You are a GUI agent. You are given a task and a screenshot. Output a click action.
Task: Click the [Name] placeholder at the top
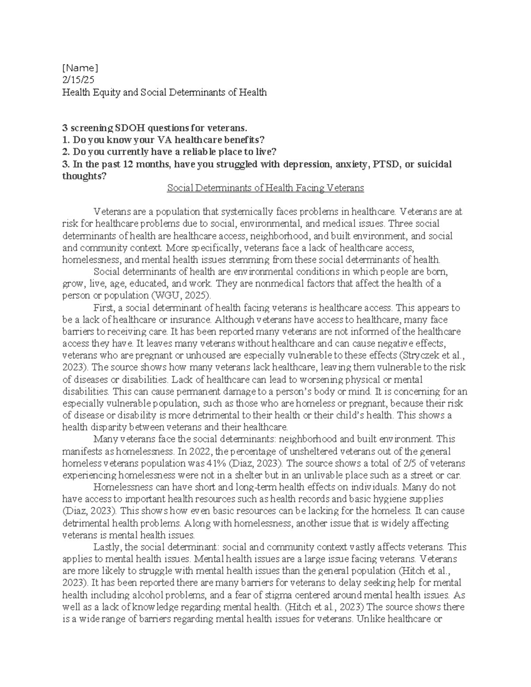80,68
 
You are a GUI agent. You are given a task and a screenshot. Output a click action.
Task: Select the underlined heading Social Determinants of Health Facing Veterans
265,188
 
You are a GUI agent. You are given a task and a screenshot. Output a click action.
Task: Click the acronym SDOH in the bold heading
130,128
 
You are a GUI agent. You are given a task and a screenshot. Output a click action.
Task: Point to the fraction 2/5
406,464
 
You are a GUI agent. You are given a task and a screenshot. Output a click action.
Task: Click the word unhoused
194,355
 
